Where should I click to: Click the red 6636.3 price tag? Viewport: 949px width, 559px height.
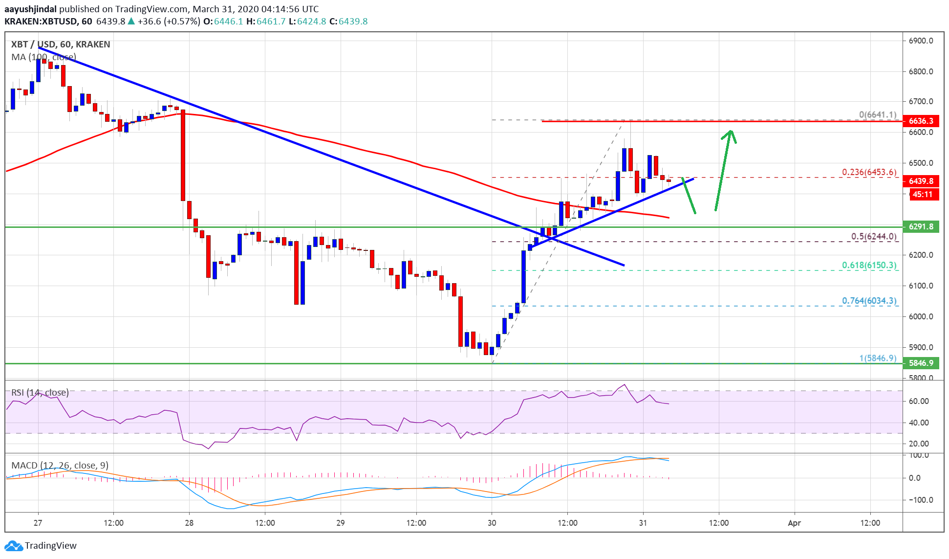(921, 121)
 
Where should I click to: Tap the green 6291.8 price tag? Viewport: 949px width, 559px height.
(921, 226)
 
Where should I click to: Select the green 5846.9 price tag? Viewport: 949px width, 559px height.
(921, 363)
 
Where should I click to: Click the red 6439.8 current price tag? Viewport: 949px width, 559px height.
(921, 181)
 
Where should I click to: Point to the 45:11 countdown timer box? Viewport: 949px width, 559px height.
(922, 194)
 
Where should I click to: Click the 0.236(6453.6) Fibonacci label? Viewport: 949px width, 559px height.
(869, 172)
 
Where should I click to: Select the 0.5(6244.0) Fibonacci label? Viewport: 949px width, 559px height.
(874, 236)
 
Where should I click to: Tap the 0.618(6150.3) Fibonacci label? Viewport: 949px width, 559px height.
(869, 265)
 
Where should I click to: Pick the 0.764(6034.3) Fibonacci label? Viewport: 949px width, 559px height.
(869, 301)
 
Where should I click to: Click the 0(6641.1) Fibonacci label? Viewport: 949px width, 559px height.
(878, 115)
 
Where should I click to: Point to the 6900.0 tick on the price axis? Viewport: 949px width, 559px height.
(921, 41)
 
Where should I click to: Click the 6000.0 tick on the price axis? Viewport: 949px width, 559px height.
(921, 316)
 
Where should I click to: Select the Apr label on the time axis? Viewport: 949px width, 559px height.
(794, 523)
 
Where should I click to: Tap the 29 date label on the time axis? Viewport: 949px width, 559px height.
(341, 523)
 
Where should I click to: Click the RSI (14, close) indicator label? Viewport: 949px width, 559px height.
(40, 392)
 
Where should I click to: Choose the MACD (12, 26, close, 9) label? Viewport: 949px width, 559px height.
(60, 465)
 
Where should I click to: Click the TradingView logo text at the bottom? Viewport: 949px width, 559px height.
(50, 545)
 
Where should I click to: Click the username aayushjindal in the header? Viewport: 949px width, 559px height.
(30, 9)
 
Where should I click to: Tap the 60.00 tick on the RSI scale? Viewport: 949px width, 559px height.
(919, 401)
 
